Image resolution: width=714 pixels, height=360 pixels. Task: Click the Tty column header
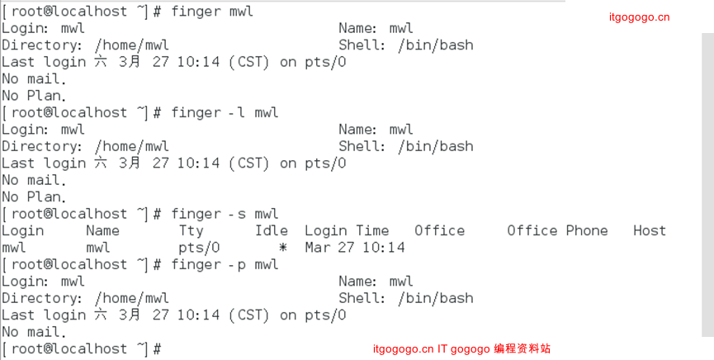(x=192, y=230)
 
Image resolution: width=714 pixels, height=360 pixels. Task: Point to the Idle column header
(x=272, y=230)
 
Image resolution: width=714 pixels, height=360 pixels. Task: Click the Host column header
(x=649, y=230)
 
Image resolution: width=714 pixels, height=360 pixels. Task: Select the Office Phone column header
(x=557, y=230)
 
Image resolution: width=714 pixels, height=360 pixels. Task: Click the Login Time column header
(x=347, y=230)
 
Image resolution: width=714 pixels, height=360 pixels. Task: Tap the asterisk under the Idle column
(x=283, y=248)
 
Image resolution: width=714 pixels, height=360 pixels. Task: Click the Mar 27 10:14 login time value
(x=355, y=248)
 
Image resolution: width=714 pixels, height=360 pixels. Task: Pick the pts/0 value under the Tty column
(x=199, y=248)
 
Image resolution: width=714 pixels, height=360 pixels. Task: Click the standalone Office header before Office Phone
(x=439, y=230)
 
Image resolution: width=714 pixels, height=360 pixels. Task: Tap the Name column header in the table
(x=102, y=230)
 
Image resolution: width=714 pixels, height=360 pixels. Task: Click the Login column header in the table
(x=23, y=230)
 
